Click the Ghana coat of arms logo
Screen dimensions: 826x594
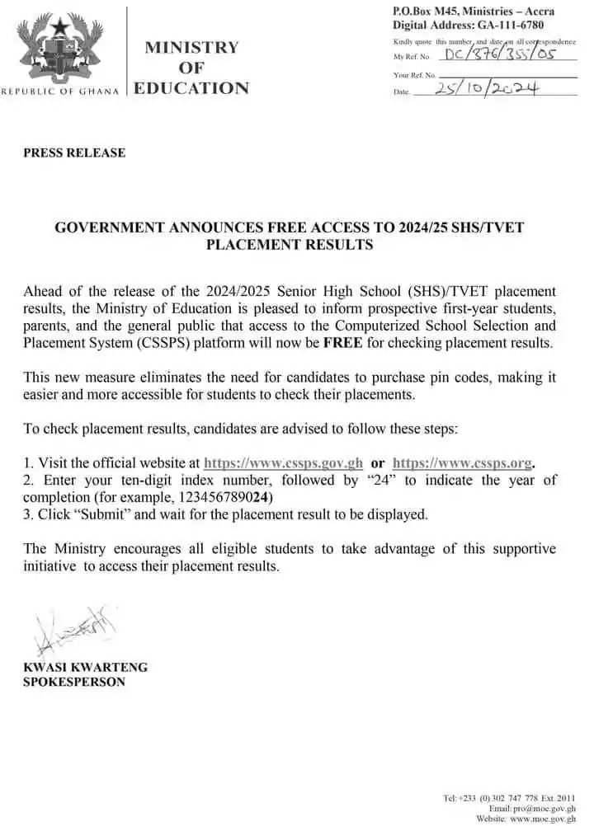60,46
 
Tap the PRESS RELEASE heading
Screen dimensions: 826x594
74,153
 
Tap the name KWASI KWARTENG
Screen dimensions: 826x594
86,667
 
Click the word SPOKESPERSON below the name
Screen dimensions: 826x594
74,682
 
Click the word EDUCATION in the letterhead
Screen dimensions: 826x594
191,88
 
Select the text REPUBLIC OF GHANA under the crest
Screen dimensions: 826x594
63,91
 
